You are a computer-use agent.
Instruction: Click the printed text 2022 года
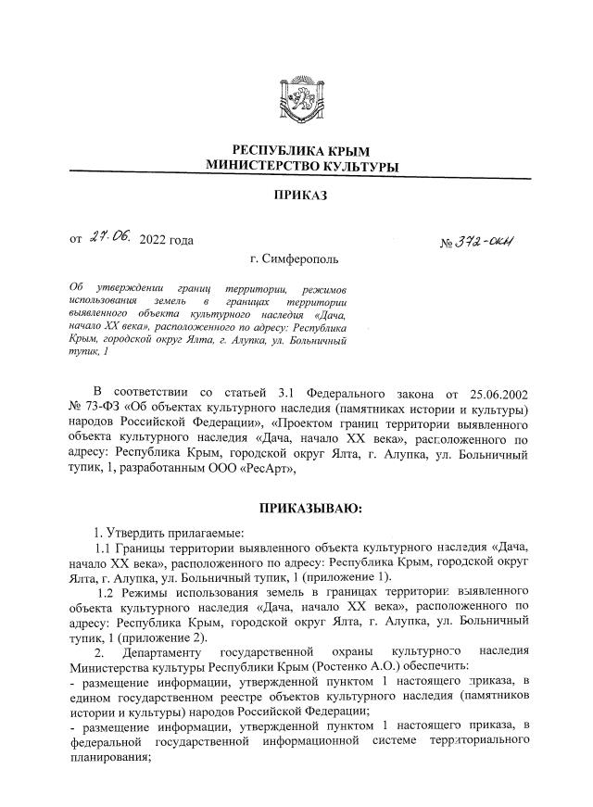(166, 242)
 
